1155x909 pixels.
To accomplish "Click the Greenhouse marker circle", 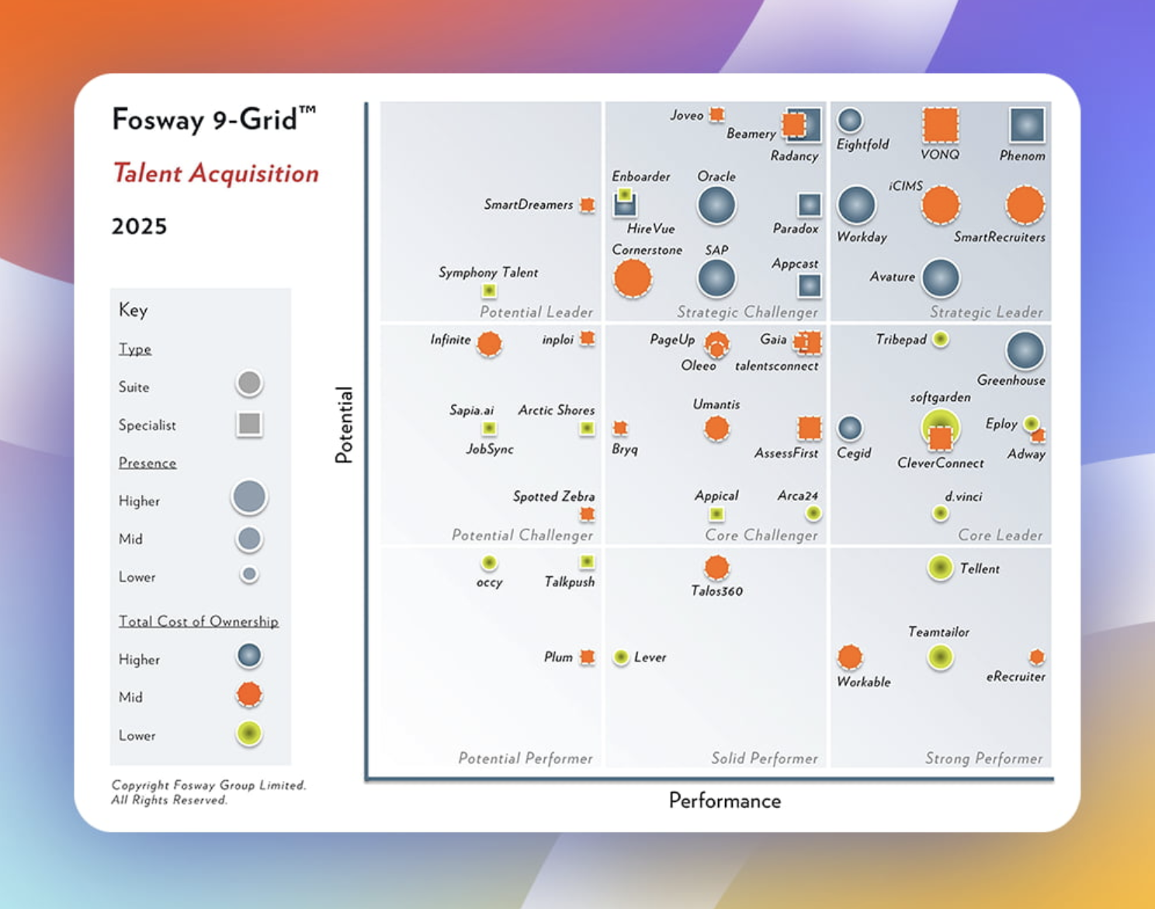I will coord(1025,351).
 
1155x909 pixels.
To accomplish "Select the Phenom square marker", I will coord(1027,125).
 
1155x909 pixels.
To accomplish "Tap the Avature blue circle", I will coord(941,278).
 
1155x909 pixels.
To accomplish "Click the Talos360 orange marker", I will coord(716,568).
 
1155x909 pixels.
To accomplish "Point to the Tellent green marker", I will coord(940,568).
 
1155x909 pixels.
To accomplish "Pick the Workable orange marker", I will coord(850,657).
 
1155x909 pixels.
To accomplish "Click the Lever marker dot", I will coord(621,658).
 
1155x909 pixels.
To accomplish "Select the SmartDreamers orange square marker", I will coord(588,205).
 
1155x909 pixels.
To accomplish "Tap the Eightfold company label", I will coord(862,144).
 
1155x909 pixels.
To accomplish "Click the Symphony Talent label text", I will coord(487,272).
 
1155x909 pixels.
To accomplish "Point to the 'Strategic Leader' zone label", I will coord(986,312).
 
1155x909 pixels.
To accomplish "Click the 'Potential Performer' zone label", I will coord(525,758).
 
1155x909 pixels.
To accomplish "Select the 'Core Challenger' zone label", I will coord(761,535).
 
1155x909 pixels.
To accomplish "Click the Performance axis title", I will coord(724,800).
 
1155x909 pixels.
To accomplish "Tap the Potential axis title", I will coord(344,424).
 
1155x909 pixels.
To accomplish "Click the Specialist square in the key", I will coord(249,423).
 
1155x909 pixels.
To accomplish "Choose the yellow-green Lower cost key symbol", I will coord(249,734).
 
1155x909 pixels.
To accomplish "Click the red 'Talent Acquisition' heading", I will coord(216,173).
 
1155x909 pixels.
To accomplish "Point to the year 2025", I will coord(139,226).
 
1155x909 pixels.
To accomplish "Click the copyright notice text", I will coord(208,792).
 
